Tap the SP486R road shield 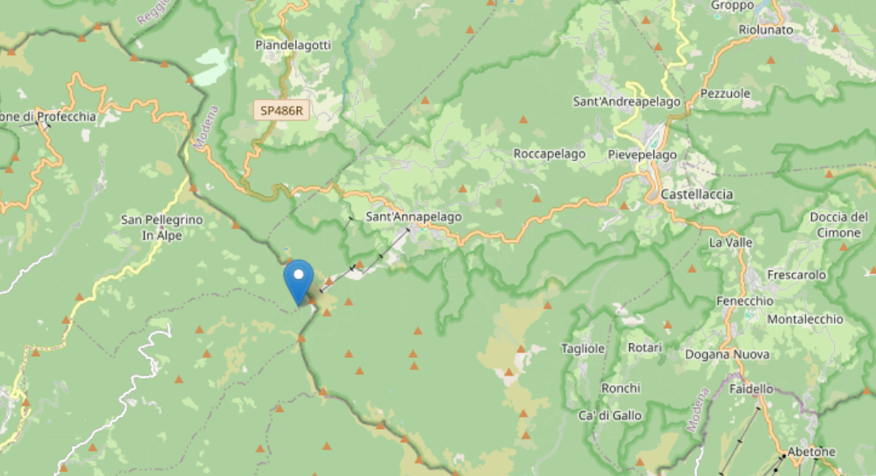click(x=281, y=110)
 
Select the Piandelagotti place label click(x=293, y=45)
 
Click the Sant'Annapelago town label click(x=413, y=217)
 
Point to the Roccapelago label click(x=549, y=154)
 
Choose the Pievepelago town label click(x=642, y=154)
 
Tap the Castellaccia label click(x=696, y=194)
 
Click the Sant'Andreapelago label click(x=626, y=102)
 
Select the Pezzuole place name click(x=725, y=93)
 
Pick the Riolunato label click(x=765, y=30)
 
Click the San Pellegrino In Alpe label click(x=162, y=227)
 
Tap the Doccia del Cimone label click(x=838, y=224)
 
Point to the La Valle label click(x=730, y=242)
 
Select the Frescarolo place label click(x=796, y=275)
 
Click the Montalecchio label click(x=804, y=319)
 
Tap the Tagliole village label click(x=582, y=349)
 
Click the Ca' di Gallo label click(x=610, y=415)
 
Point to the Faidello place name click(x=751, y=389)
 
